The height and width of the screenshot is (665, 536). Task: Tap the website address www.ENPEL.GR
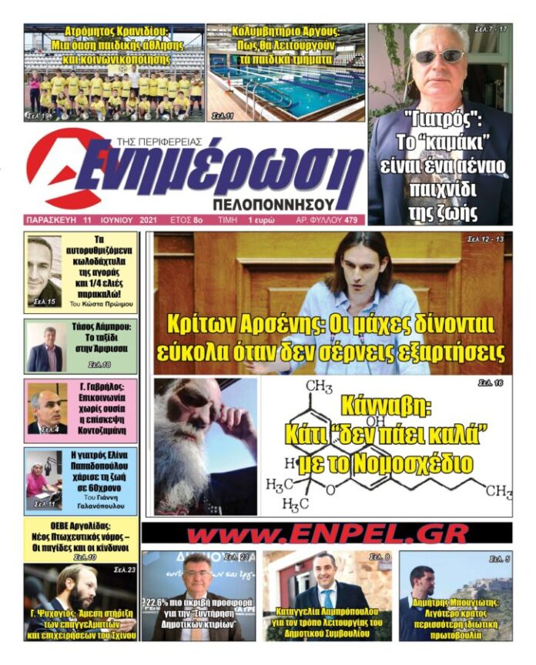point(327,533)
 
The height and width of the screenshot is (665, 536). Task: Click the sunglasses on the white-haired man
point(439,56)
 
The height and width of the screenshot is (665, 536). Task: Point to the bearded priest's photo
point(203,446)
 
